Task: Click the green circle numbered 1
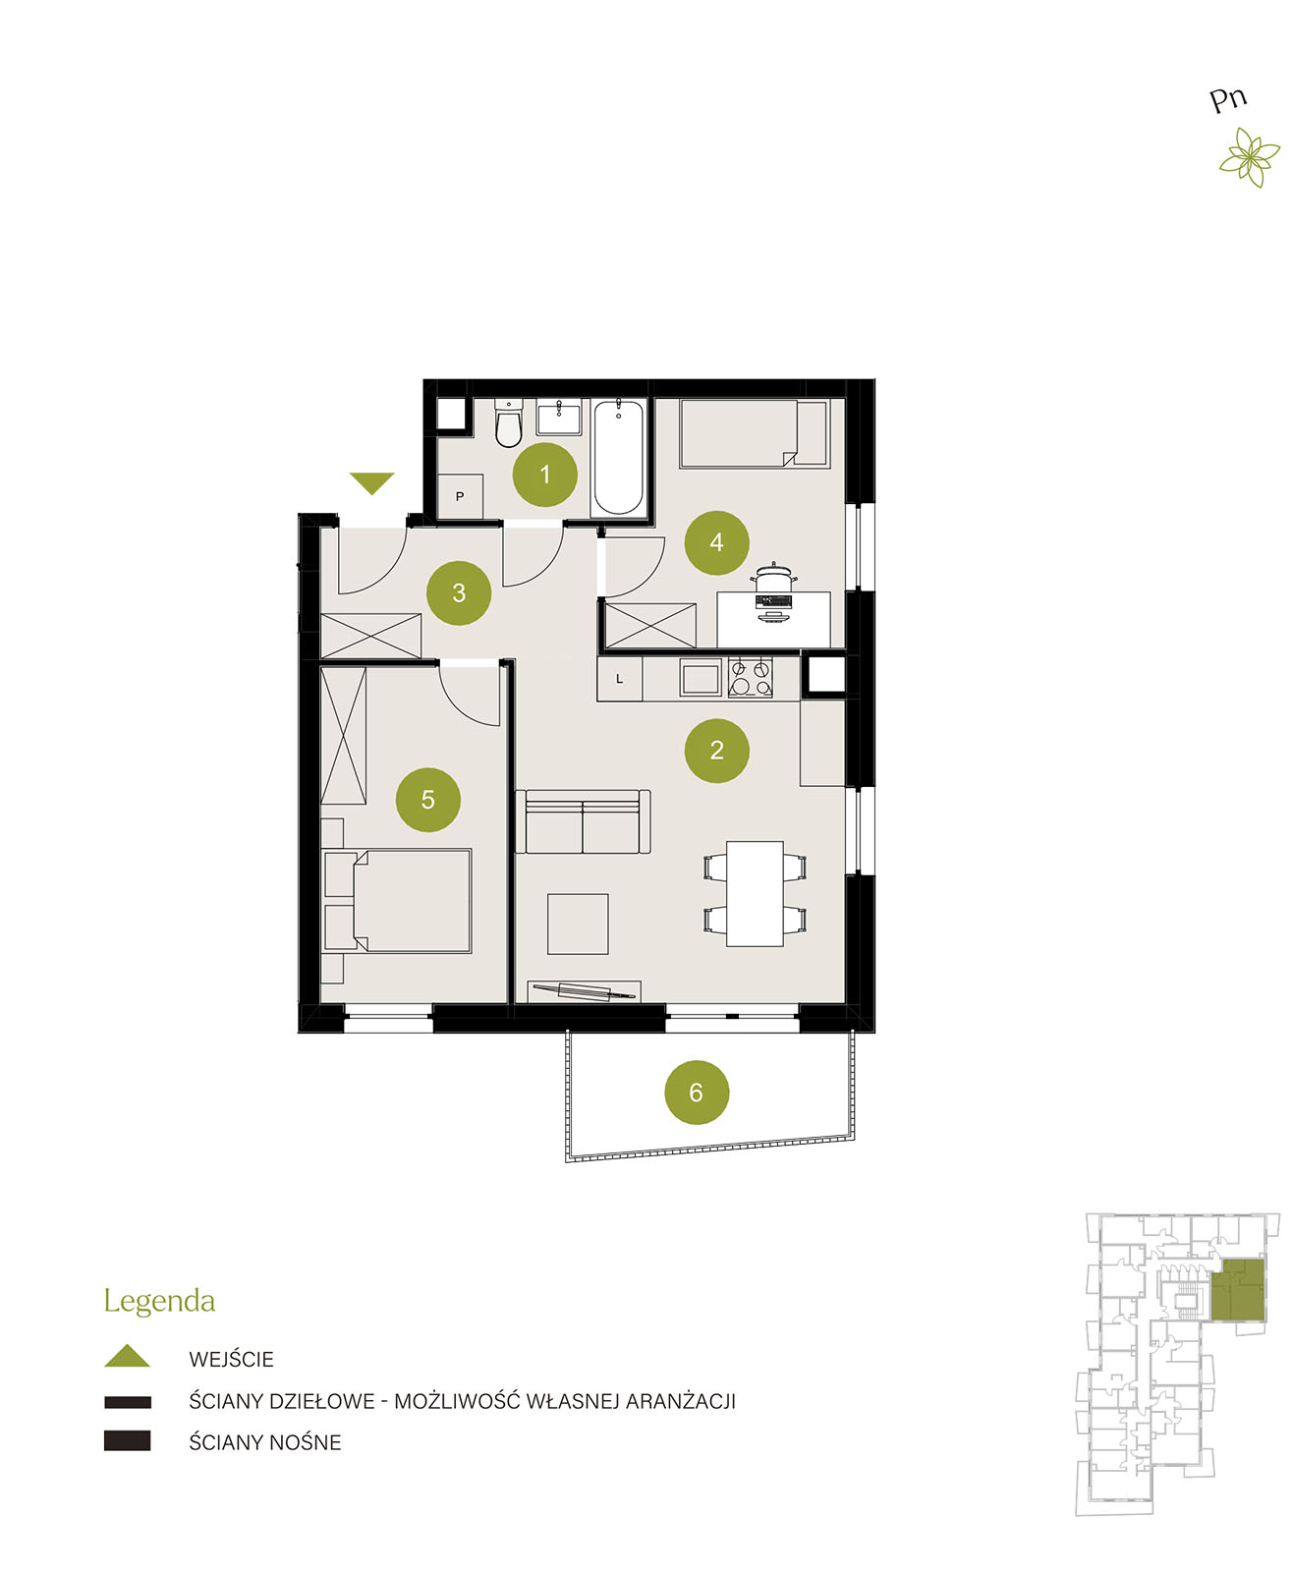(x=544, y=475)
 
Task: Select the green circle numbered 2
(x=716, y=751)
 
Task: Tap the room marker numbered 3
(x=459, y=593)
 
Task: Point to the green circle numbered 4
(x=715, y=542)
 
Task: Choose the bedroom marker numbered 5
(x=428, y=800)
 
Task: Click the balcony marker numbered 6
(x=697, y=1093)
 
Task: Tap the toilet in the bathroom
(x=509, y=423)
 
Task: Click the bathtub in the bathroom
(x=618, y=457)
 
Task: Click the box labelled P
(x=459, y=496)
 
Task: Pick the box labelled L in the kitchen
(x=619, y=679)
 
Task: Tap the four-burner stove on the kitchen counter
(x=750, y=678)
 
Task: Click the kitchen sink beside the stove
(x=701, y=678)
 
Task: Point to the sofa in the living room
(x=583, y=821)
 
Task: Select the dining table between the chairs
(x=755, y=894)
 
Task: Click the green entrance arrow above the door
(x=371, y=483)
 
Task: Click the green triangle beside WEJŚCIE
(x=127, y=1356)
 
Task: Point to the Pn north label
(x=1227, y=100)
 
